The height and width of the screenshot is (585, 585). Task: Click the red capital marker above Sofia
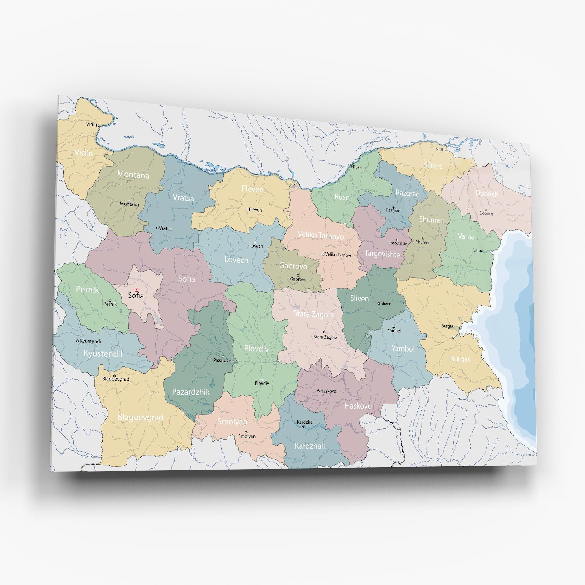click(137, 289)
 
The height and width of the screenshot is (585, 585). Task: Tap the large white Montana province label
click(133, 175)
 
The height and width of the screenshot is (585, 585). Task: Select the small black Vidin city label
click(91, 124)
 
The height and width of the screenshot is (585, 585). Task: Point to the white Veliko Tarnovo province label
click(321, 236)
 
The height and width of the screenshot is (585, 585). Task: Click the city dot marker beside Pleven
click(247, 209)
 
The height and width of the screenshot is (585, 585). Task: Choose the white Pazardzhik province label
click(191, 392)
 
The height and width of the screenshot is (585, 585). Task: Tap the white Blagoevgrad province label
click(140, 417)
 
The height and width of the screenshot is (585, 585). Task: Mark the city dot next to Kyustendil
click(78, 341)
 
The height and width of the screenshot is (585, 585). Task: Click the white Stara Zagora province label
click(313, 314)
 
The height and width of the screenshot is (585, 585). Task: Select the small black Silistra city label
click(441, 149)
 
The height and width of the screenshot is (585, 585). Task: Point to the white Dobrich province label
click(487, 193)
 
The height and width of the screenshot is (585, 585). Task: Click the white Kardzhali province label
click(309, 446)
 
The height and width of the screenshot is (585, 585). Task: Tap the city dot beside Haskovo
click(319, 391)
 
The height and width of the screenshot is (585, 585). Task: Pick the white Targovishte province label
click(382, 254)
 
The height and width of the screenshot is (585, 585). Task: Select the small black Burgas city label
click(447, 326)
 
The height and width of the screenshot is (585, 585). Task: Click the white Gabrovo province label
click(293, 265)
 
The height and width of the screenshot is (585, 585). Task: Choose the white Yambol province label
click(403, 349)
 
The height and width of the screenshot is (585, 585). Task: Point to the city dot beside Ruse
click(351, 167)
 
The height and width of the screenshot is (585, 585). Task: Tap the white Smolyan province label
click(232, 422)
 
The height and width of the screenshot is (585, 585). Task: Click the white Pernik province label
click(87, 289)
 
